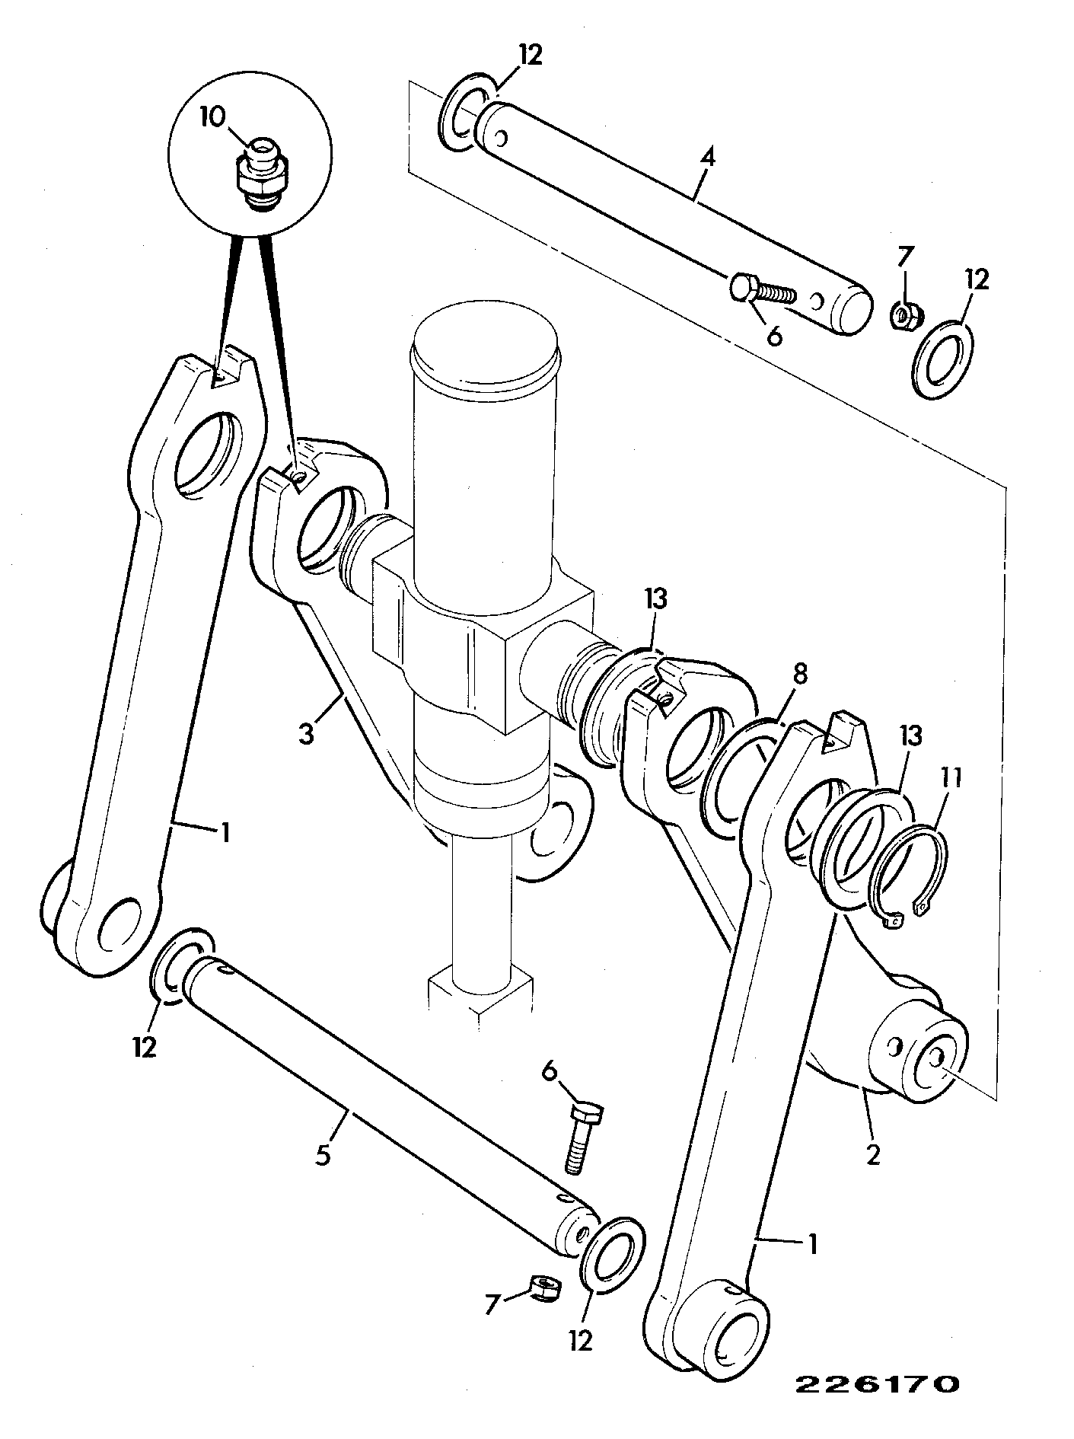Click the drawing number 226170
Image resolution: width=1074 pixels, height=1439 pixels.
point(877,1383)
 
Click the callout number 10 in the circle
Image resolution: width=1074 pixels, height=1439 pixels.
point(213,117)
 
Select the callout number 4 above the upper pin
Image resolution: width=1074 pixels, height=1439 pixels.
point(708,158)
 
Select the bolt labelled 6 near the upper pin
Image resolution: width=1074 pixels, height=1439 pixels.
point(763,291)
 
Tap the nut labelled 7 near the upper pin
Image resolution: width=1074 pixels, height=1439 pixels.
point(907,314)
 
